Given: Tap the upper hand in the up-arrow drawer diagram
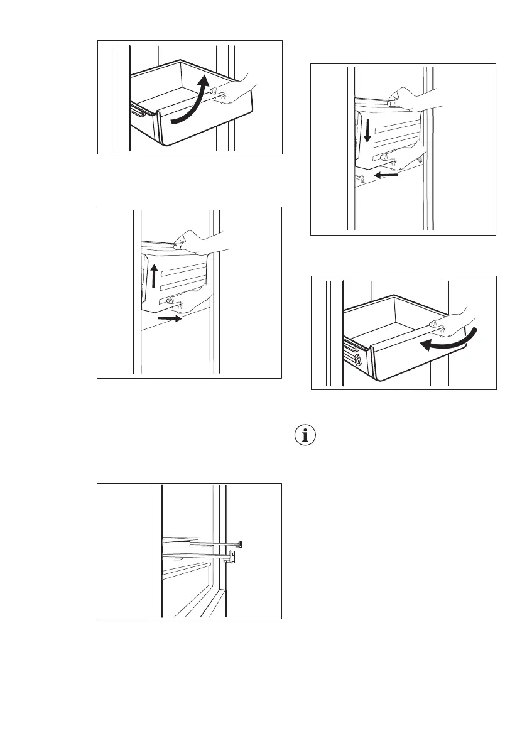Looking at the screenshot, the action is click(198, 242).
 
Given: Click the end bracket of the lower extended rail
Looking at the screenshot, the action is click(233, 556).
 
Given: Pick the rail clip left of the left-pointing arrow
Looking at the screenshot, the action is click(360, 180).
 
